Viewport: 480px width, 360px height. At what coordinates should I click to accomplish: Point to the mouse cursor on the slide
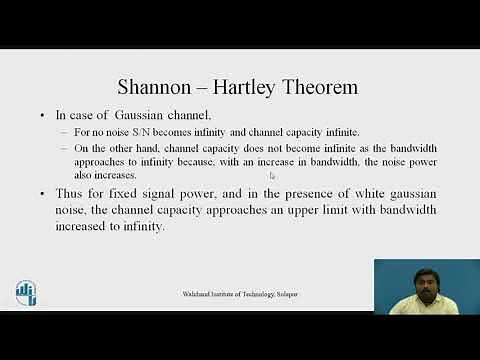tap(272, 176)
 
